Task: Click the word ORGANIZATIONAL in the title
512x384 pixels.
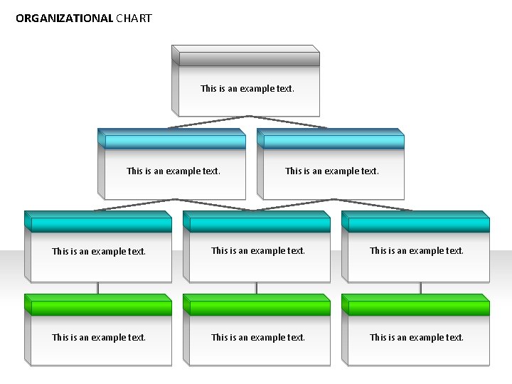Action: tap(64, 18)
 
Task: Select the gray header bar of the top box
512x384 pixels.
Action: tap(248, 59)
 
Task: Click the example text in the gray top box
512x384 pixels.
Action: tap(247, 89)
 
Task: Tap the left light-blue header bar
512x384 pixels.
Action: tap(174, 142)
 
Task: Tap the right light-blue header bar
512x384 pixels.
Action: tap(333, 142)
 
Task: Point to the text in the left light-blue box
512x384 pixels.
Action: tap(174, 171)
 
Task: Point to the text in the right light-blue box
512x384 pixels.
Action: tap(332, 171)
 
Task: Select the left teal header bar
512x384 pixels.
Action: tap(101, 225)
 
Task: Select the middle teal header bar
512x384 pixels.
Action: tap(260, 225)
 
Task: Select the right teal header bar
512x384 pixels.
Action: tap(418, 225)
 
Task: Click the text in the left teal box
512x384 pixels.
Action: tap(99, 252)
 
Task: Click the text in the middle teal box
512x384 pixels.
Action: tap(258, 251)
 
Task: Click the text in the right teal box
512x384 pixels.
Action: tap(417, 251)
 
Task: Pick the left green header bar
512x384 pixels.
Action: tap(101, 308)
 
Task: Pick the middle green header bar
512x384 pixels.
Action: tap(260, 308)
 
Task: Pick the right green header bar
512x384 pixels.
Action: tap(418, 308)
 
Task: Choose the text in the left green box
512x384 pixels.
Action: tap(99, 338)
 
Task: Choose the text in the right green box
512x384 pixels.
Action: tap(417, 338)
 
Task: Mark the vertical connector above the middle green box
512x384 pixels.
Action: tap(257, 288)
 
